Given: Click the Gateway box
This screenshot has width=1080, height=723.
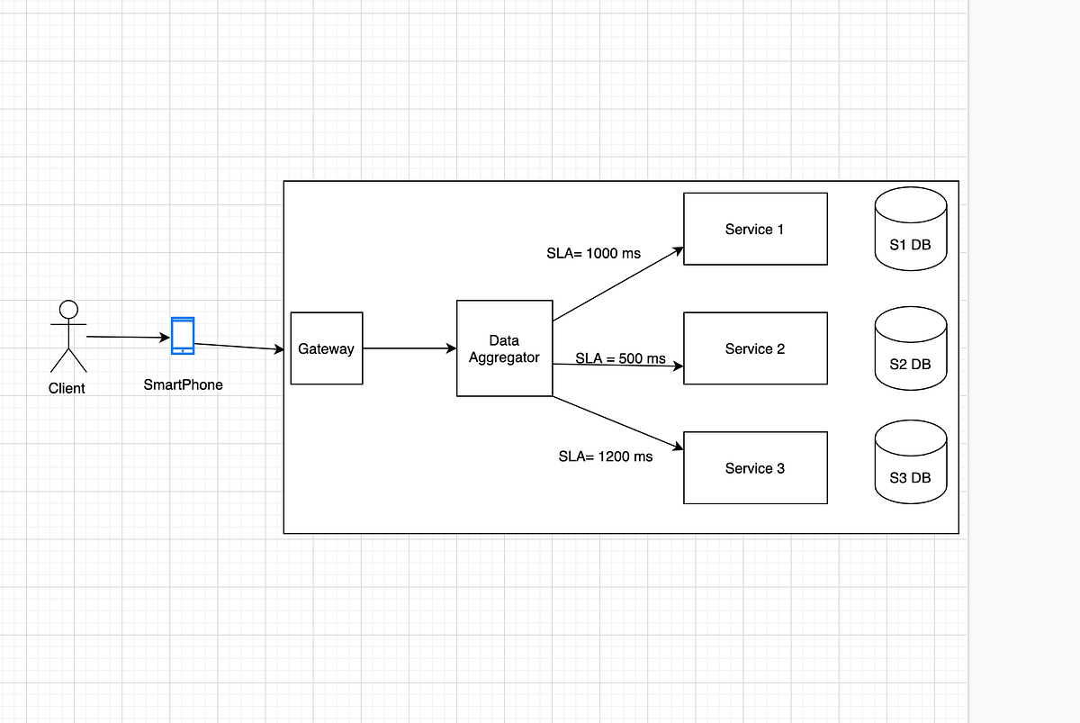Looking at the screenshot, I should pyautogui.click(x=326, y=348).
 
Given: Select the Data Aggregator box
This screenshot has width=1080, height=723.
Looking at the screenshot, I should pyautogui.click(x=504, y=348).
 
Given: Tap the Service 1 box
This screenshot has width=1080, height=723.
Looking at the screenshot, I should pyautogui.click(x=755, y=229).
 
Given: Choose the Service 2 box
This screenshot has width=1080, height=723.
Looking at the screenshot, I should pyautogui.click(x=755, y=348).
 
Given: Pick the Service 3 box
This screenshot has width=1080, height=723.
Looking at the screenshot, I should pyautogui.click(x=755, y=468).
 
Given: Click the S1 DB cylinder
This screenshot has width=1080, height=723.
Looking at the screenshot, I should pyautogui.click(x=910, y=230).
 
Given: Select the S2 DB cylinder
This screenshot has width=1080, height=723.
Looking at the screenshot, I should pyautogui.click(x=910, y=348).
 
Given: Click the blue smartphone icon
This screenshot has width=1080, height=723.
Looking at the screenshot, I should pyautogui.click(x=183, y=335).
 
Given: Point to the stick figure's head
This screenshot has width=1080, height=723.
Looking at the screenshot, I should pyautogui.click(x=68, y=310).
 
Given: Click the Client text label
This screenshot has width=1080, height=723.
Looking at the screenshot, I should pyautogui.click(x=67, y=388).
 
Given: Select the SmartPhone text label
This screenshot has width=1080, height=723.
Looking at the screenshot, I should pyautogui.click(x=183, y=384).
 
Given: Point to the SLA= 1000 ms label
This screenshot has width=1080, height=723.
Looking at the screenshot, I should pyautogui.click(x=593, y=253).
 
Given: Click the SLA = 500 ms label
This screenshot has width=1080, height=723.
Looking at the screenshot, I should pyautogui.click(x=620, y=358).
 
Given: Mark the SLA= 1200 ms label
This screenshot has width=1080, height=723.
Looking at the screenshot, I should pyautogui.click(x=605, y=456).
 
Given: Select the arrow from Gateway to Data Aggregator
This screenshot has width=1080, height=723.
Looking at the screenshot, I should pyautogui.click(x=409, y=348).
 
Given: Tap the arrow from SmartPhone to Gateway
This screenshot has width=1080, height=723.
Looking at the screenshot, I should pyautogui.click(x=239, y=347).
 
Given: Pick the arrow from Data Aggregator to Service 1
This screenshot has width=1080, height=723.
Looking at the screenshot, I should pyautogui.click(x=617, y=285).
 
